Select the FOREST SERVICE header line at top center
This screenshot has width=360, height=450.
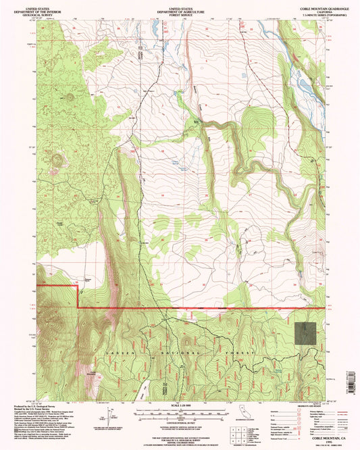[179, 11]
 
